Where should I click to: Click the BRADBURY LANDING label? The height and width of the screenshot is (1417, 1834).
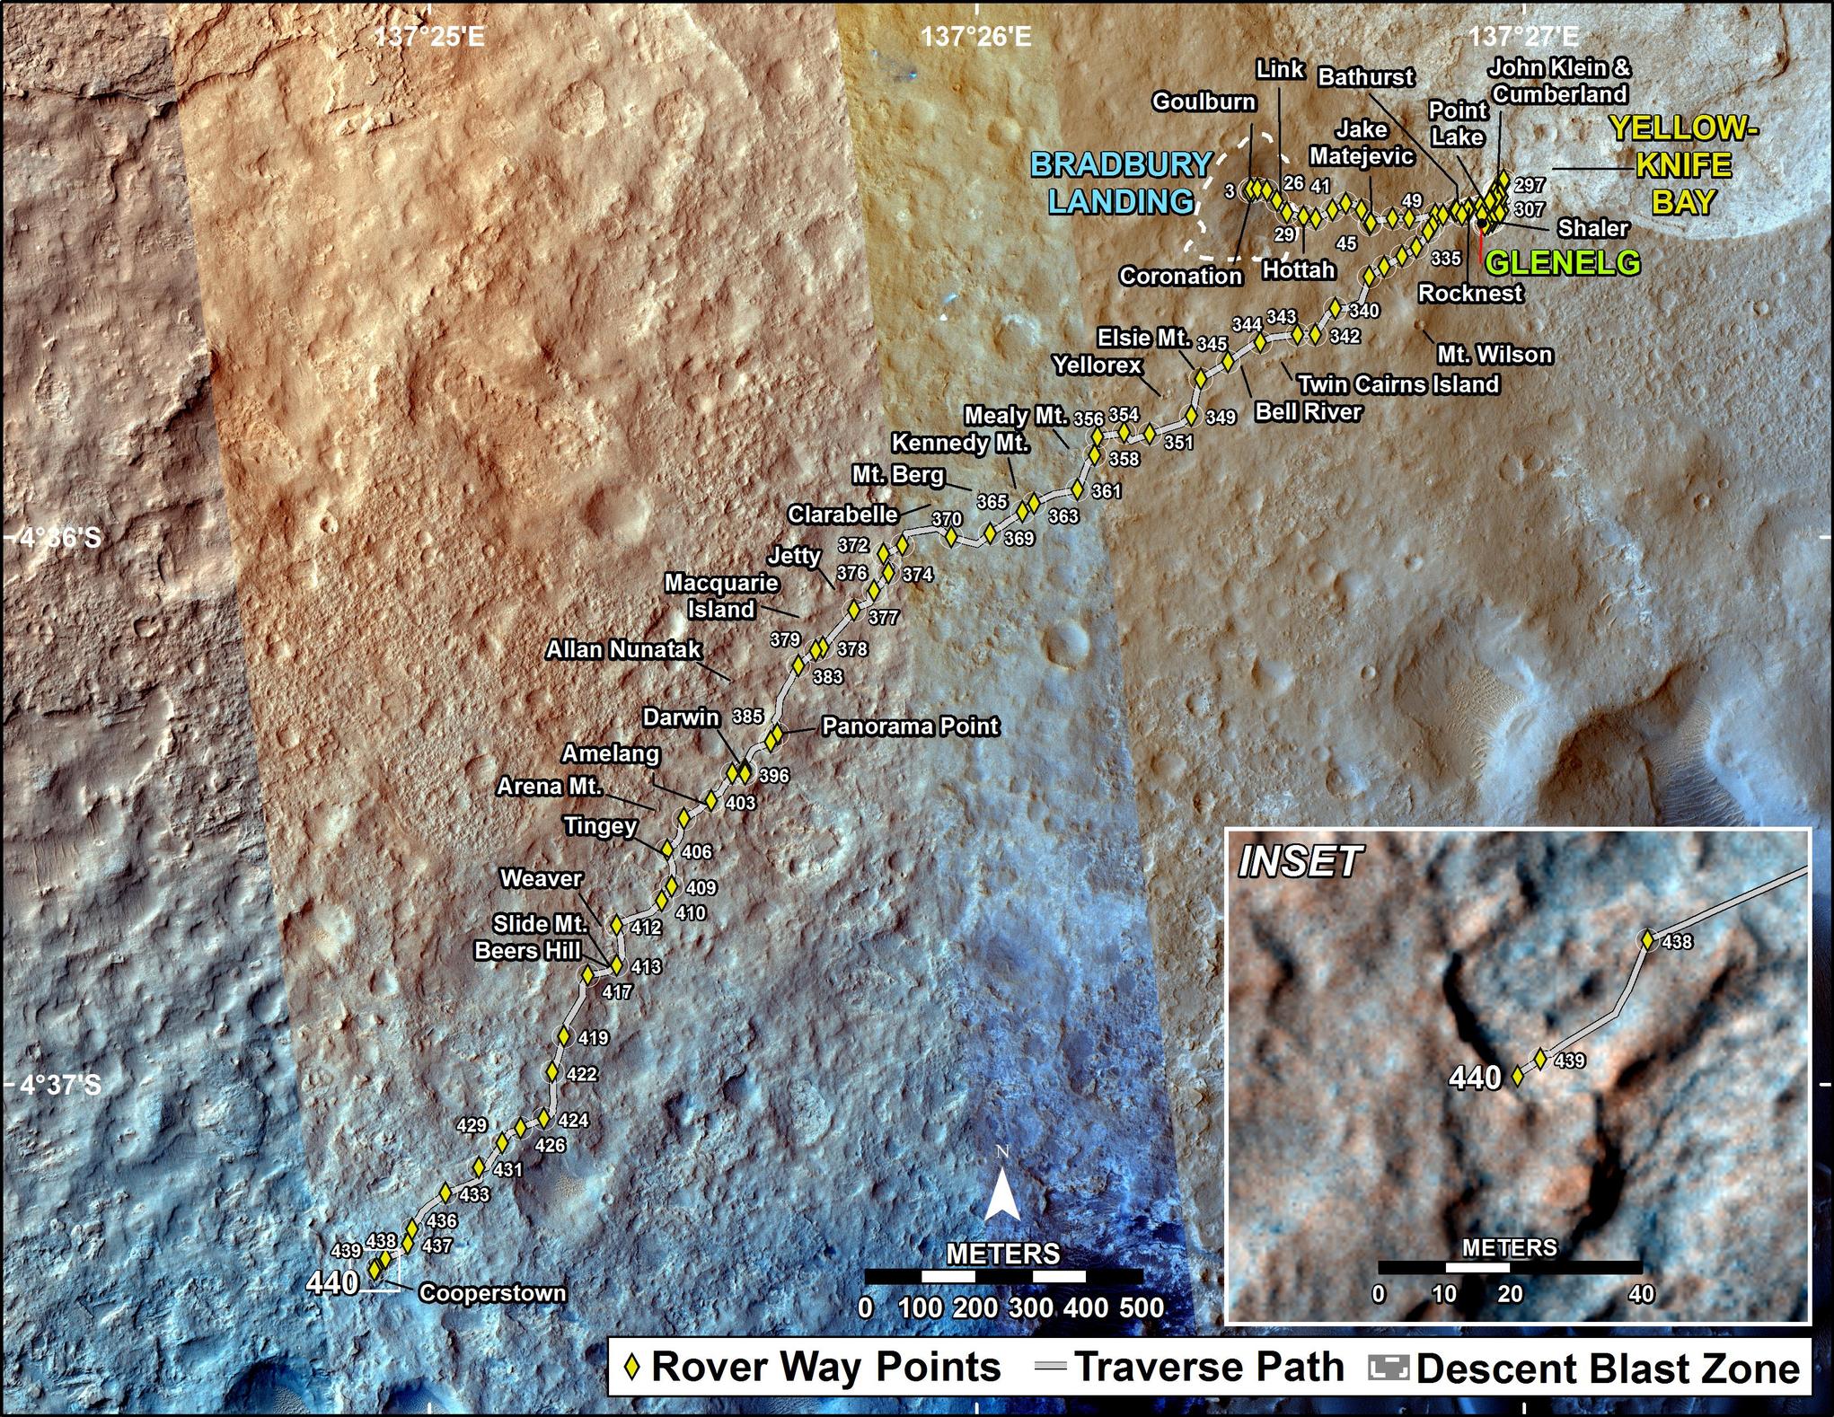click(x=1121, y=183)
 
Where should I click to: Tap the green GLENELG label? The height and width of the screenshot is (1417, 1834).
click(x=1562, y=262)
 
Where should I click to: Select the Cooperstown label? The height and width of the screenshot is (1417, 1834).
click(x=492, y=1293)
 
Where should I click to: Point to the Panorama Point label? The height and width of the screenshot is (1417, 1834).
click(x=910, y=726)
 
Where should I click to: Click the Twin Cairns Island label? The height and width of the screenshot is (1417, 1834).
click(x=1398, y=384)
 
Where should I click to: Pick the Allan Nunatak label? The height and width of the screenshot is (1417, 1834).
click(x=623, y=649)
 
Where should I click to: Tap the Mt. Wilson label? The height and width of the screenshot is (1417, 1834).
click(x=1495, y=354)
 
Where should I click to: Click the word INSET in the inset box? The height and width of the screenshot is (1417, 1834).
click(x=1300, y=862)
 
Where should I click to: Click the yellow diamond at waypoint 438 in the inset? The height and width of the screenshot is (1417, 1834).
click(x=1647, y=940)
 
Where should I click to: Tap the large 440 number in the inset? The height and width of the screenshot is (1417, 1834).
click(x=1476, y=1078)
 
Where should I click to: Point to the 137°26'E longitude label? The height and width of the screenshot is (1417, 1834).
click(x=976, y=37)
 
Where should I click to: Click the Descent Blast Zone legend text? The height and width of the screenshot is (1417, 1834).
click(x=1608, y=1369)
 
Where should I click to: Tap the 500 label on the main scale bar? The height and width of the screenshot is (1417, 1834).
click(x=1142, y=1307)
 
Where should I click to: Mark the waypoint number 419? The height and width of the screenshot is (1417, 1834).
click(x=593, y=1038)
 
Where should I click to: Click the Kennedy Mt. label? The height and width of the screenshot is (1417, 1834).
click(x=960, y=444)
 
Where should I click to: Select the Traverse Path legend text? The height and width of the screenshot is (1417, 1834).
click(x=1210, y=1368)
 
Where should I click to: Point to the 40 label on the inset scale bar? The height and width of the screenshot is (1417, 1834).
click(x=1641, y=1294)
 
